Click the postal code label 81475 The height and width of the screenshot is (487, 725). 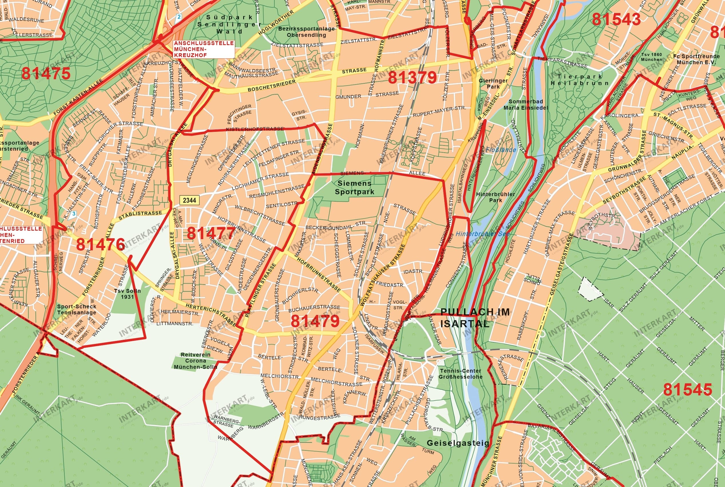click(x=46, y=74)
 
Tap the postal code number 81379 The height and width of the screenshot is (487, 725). click(x=412, y=77)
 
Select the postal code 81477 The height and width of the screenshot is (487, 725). click(x=211, y=233)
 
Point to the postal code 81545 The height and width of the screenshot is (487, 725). click(x=688, y=389)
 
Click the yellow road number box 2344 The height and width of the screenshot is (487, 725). click(x=189, y=200)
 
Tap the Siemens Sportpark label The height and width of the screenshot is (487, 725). click(x=354, y=188)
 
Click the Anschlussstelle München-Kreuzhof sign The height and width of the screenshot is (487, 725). click(x=204, y=49)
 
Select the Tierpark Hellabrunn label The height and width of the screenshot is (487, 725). click(x=579, y=80)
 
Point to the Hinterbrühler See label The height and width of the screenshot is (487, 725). click(x=483, y=234)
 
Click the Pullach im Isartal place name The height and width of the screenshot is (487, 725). click(x=474, y=318)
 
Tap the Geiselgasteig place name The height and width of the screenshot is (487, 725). click(x=458, y=443)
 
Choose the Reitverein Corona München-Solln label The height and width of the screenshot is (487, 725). click(x=195, y=361)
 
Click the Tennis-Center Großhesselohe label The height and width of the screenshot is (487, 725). click(x=460, y=374)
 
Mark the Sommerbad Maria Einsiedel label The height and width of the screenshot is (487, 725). click(x=526, y=105)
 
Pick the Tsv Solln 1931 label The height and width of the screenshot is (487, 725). click(x=127, y=294)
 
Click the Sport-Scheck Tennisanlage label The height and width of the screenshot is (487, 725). click(x=77, y=309)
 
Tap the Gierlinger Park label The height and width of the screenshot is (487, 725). click(x=493, y=84)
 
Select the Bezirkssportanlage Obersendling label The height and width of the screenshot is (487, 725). click(x=306, y=32)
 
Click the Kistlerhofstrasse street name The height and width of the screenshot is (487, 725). click(x=255, y=129)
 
